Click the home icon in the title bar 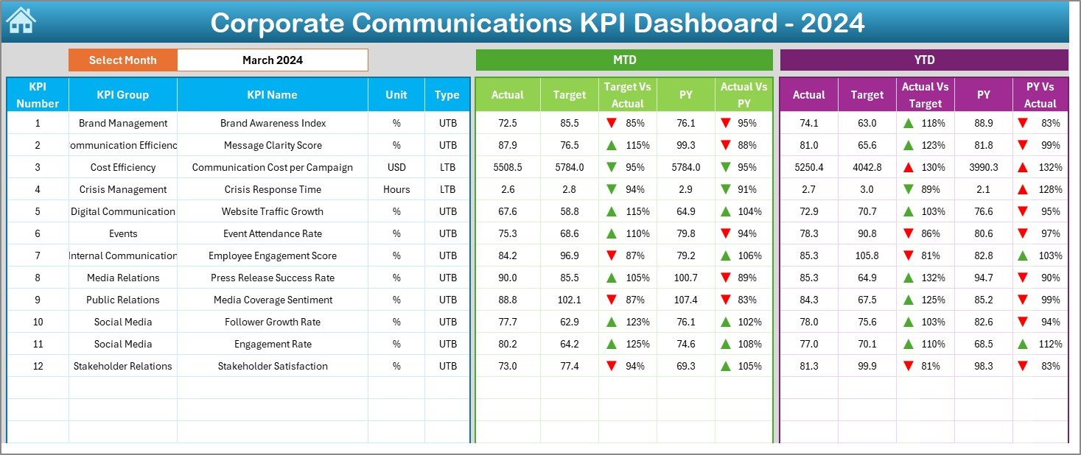21,21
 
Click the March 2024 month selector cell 273,60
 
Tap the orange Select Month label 122,60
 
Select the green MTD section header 624,60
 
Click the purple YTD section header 923,60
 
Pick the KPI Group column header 122,94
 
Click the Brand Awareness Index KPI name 273,123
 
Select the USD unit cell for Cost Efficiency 396,167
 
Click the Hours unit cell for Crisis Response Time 396,189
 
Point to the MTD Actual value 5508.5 508,167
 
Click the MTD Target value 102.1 570,300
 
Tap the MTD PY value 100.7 685,278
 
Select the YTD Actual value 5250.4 808,167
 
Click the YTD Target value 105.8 867,255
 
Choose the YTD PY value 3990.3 983,167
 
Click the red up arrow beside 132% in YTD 1024,167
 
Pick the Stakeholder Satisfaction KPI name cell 273,366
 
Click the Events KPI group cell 122,233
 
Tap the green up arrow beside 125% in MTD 612,344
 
